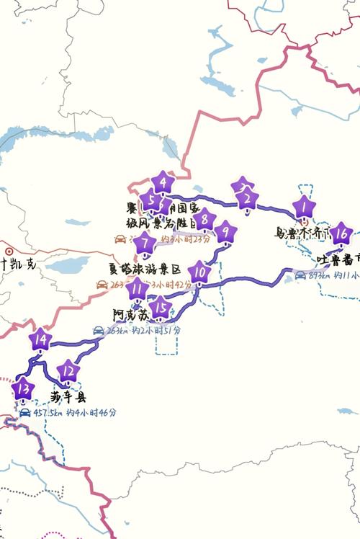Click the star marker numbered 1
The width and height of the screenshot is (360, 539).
(304, 208)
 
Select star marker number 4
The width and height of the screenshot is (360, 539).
(164, 183)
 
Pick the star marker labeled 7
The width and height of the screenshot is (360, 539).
(146, 243)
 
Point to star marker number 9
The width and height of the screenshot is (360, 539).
(225, 232)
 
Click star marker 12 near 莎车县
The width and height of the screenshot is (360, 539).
(68, 372)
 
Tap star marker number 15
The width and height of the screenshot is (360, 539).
(162, 308)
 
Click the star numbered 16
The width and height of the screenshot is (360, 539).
(342, 234)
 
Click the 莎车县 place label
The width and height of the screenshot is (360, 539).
(68, 396)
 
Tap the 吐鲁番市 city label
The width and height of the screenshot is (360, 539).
(338, 259)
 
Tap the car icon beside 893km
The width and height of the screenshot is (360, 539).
(300, 275)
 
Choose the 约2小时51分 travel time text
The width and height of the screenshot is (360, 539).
(156, 330)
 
